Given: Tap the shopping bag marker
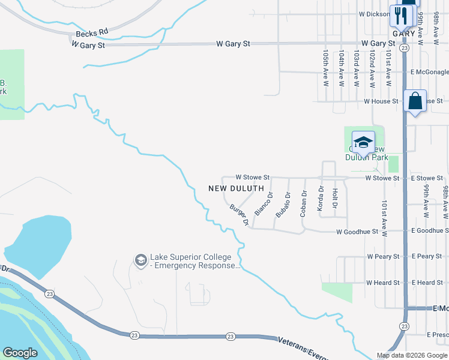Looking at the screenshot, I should (415, 101).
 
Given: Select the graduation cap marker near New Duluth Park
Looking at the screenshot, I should (363, 142).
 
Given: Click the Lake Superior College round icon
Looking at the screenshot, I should (140, 260).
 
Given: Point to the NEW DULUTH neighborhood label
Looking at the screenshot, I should (236, 188).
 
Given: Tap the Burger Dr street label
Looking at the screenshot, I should (239, 214).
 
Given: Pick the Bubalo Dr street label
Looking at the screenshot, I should (283, 205).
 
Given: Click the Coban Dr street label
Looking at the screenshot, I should (304, 203).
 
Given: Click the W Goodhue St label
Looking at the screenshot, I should (357, 232).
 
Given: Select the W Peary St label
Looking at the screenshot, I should (383, 257).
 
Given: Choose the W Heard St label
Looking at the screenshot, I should (383, 283).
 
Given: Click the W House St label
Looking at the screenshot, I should (381, 101).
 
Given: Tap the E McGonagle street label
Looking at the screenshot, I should (429, 72).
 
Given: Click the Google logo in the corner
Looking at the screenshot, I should (20, 353).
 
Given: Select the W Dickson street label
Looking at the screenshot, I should (374, 14).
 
